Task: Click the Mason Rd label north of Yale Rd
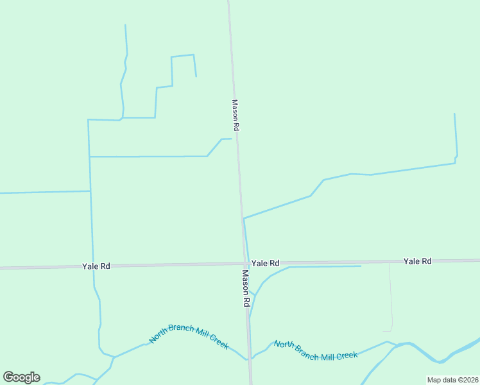[x=236, y=116]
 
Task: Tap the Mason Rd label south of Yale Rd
[x=245, y=287]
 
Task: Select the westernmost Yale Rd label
[x=96, y=266]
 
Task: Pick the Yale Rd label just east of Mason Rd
[x=265, y=263]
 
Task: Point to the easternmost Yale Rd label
[x=417, y=261]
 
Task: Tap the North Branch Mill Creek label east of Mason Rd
[x=315, y=350]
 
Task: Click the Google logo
[x=21, y=377]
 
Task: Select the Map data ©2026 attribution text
[x=452, y=380]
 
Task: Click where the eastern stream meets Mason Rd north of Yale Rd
[x=243, y=218]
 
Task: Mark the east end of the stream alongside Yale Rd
[x=361, y=266]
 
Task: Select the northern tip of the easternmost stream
[x=454, y=114]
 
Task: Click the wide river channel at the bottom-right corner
[x=472, y=344]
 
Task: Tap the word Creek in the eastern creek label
[x=346, y=355]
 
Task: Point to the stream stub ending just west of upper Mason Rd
[x=230, y=139]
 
